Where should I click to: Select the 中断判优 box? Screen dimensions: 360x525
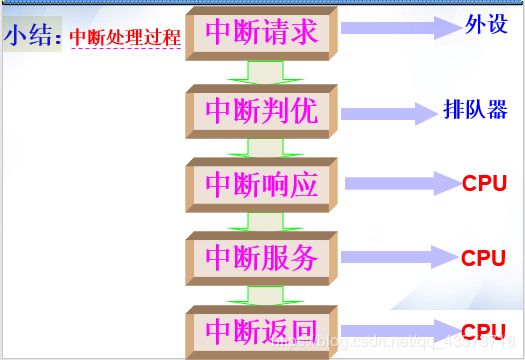pos(261,111)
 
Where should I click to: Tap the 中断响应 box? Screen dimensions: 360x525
pos(261,184)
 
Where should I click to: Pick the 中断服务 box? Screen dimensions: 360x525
pos(261,258)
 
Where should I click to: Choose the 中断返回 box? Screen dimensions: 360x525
pos(261,330)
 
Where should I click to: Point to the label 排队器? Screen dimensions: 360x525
pos(475,109)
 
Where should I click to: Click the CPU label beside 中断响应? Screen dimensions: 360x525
pos(484,183)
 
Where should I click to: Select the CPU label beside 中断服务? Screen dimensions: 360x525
pos(484,257)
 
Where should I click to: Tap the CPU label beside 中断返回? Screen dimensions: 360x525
pos(483,331)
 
